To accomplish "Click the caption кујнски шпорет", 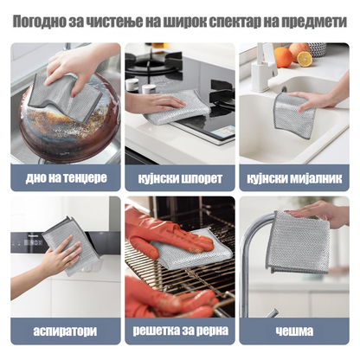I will [x=180, y=178].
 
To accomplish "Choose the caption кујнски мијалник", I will [x=294, y=178].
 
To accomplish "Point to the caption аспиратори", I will [x=65, y=331].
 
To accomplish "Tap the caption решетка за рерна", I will [x=180, y=331].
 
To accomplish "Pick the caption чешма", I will [x=294, y=331].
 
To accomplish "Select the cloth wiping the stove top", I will [x=177, y=107].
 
